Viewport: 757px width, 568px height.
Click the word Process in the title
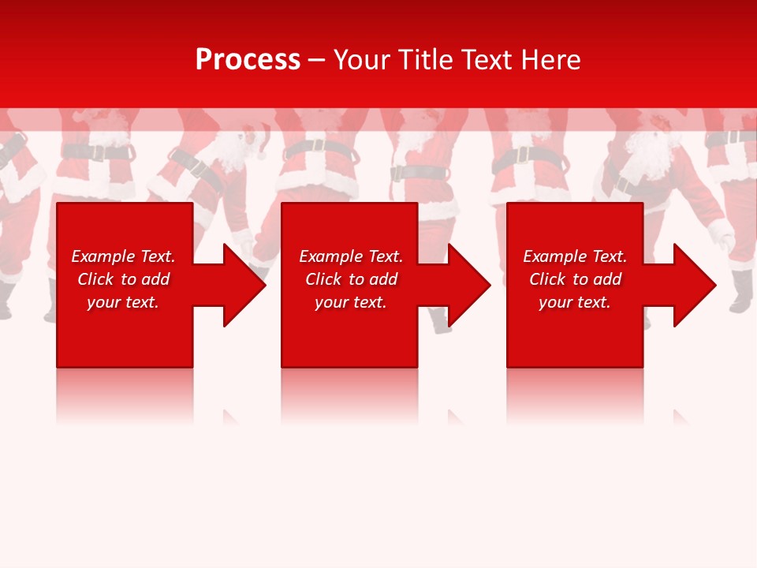pos(248,60)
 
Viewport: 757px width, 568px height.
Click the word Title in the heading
pos(423,60)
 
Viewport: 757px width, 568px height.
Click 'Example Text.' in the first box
pos(123,256)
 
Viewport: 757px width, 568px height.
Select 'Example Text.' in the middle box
pos(351,256)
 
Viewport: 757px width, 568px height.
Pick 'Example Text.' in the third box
pos(575,256)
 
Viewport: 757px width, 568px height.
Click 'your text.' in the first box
pos(123,302)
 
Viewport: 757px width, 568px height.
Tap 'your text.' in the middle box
pos(351,302)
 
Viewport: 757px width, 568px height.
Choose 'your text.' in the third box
pos(575,302)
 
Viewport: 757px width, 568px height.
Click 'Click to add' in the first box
pos(123,279)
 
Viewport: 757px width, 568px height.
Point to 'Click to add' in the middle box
pos(351,279)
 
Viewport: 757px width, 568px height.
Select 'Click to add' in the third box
pos(575,279)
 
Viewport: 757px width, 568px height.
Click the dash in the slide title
pos(316,61)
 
